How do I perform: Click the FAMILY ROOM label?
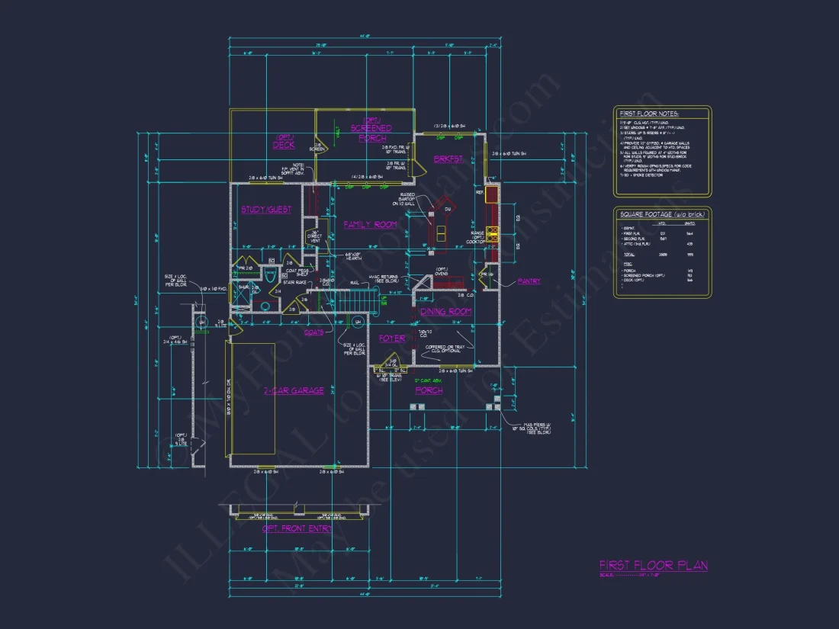tap(370, 224)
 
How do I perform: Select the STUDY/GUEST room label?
tap(266, 210)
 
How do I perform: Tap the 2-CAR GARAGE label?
tap(294, 390)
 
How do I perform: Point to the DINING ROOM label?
tap(446, 311)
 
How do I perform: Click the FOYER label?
tap(392, 338)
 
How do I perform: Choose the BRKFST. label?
tap(449, 159)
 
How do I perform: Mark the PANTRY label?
tap(528, 281)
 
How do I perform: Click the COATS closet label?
tap(313, 332)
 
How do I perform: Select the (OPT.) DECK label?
tap(284, 142)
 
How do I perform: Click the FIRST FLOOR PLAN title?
tap(653, 565)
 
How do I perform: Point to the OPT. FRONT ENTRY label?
tap(297, 528)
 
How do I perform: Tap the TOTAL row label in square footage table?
tap(629, 254)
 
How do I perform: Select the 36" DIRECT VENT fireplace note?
tap(314, 236)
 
